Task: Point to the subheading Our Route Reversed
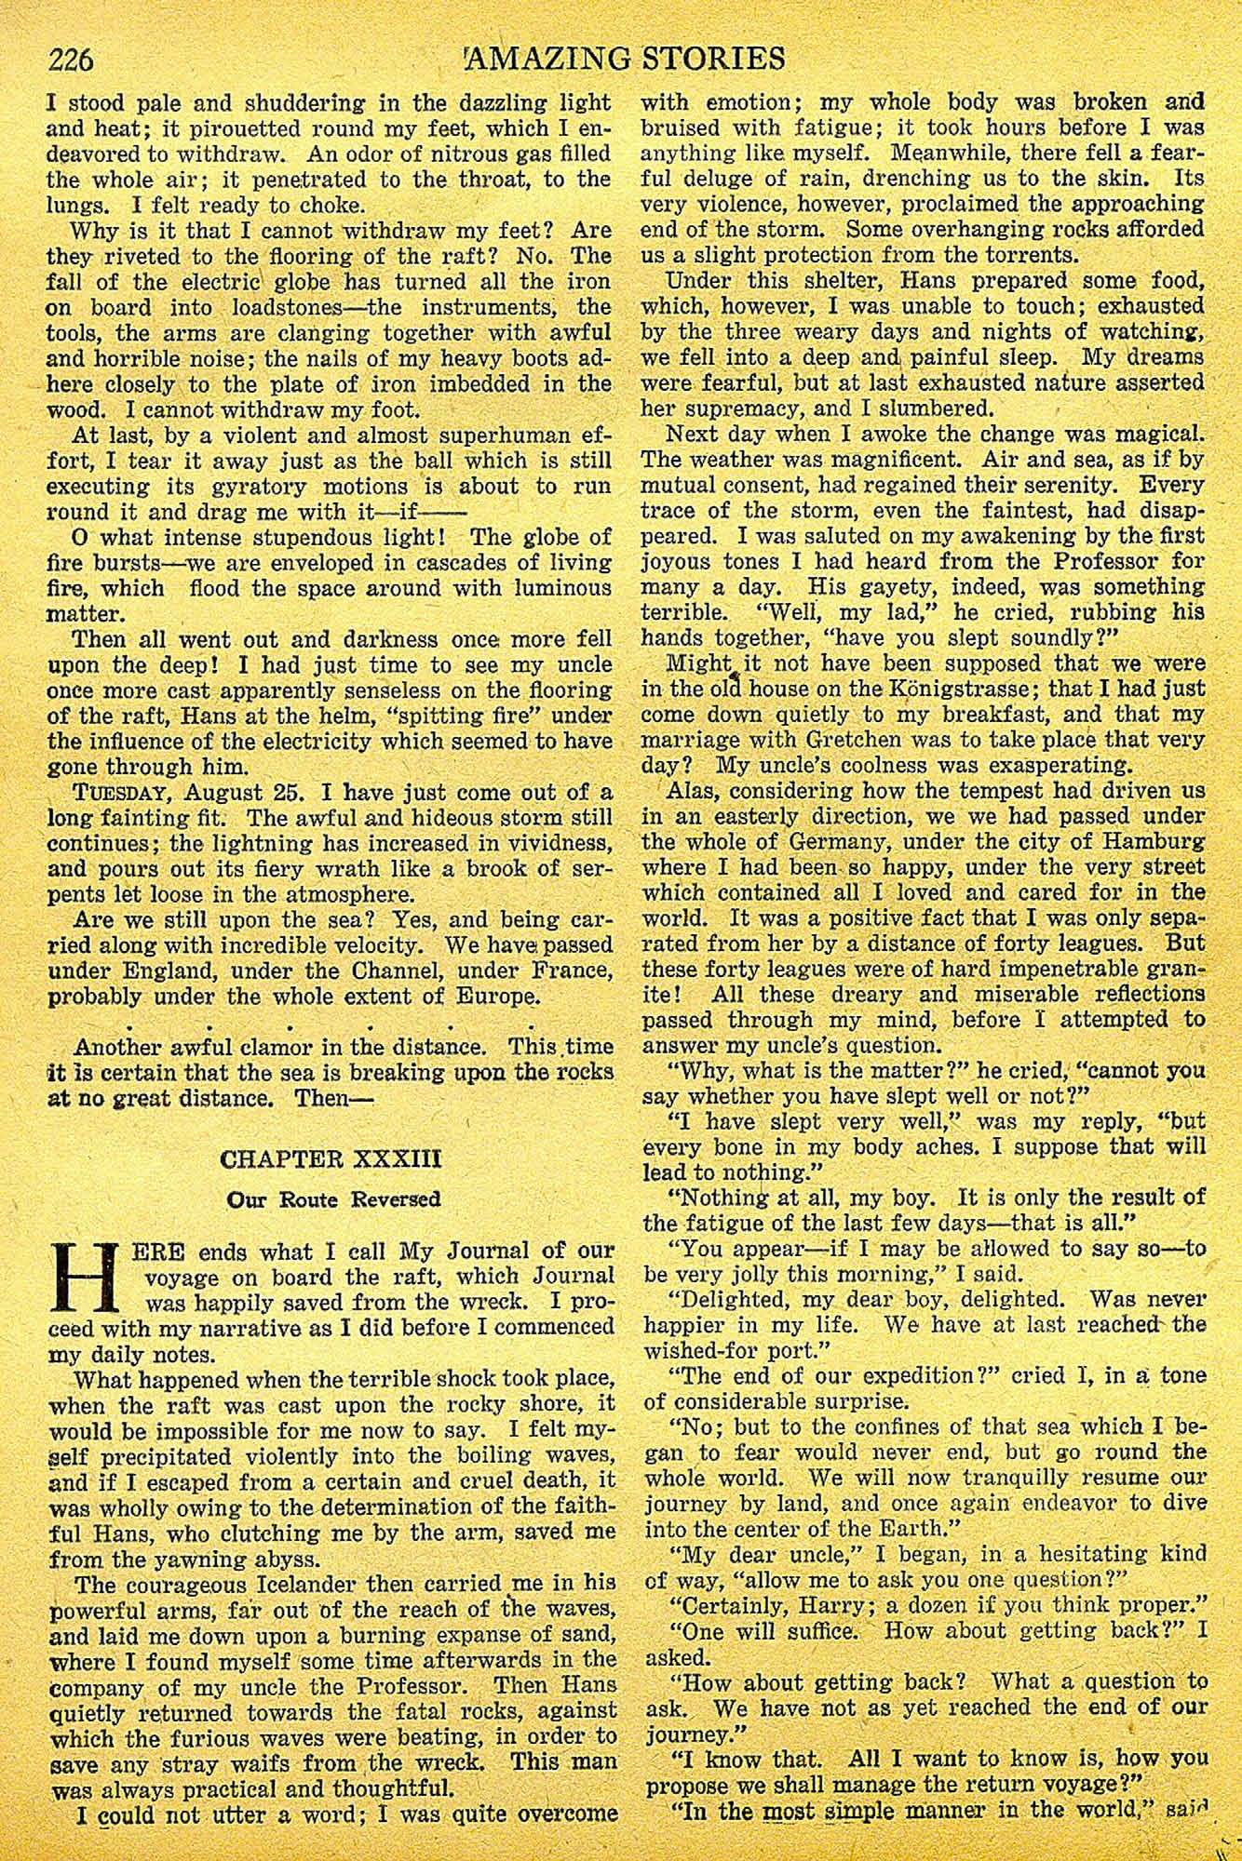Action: (x=333, y=1199)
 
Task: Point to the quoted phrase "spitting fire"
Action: (x=474, y=716)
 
